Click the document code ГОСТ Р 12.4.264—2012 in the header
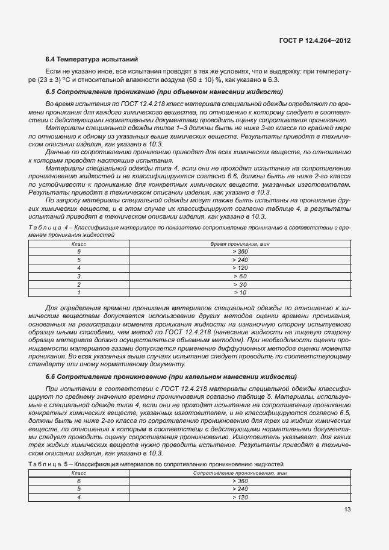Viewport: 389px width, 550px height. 315,40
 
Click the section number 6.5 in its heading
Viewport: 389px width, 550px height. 51,92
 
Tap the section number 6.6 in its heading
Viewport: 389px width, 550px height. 51,377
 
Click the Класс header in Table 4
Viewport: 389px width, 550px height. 78,243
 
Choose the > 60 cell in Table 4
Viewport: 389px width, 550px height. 240,276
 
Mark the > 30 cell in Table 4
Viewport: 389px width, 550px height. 240,284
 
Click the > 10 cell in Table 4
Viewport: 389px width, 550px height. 240,292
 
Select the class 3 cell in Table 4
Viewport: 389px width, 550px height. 78,276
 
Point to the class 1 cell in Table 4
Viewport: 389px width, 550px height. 78,292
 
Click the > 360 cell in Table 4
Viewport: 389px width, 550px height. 240,251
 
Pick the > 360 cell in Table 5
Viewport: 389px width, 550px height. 240,481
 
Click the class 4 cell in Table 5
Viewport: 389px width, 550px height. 78,497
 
